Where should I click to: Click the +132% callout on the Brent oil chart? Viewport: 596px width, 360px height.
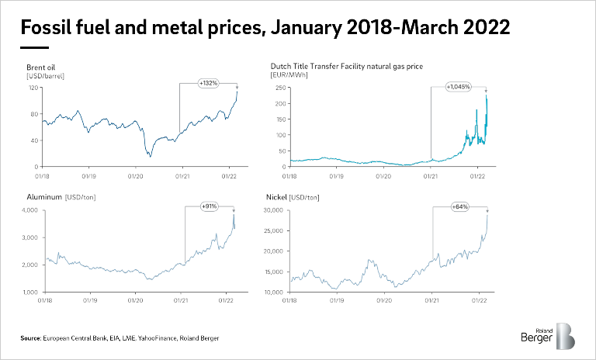click(x=208, y=82)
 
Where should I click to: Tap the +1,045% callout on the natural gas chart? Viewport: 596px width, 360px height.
click(x=458, y=86)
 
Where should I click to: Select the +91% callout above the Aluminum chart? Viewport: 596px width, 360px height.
click(x=209, y=206)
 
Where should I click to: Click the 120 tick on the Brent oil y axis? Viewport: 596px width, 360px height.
click(x=34, y=88)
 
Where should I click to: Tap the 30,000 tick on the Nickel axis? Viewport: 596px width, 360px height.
click(x=275, y=210)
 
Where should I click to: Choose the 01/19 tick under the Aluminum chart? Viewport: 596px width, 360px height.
click(x=90, y=299)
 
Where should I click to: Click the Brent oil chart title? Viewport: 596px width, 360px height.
click(x=41, y=67)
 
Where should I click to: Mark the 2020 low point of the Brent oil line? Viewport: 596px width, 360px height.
click(x=151, y=157)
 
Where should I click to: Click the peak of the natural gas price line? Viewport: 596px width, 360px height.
click(x=486, y=95)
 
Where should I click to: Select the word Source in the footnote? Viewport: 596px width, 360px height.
click(x=30, y=340)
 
